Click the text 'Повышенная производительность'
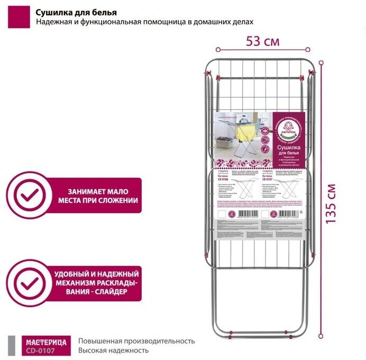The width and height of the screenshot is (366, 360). (136, 341)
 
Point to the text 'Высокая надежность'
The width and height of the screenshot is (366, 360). (113, 350)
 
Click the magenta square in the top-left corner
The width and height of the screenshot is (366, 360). (16, 17)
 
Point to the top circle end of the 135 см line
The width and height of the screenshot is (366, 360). (321, 62)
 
